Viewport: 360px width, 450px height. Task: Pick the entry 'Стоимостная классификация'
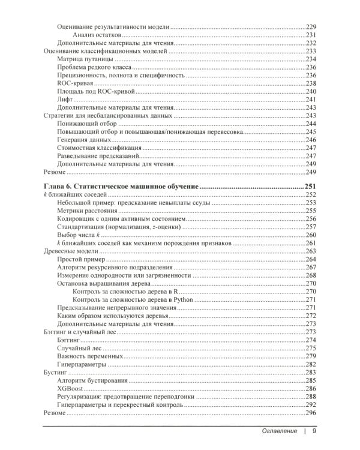point(99,147)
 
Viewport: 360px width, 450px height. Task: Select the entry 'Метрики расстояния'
point(87,211)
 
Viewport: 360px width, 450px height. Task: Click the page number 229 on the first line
point(311,27)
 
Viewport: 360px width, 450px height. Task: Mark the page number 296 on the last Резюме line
point(311,413)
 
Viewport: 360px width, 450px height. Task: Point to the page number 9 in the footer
point(314,431)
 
